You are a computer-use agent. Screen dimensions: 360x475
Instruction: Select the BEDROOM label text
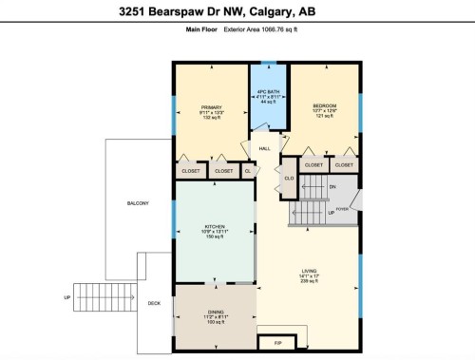[x=324, y=106]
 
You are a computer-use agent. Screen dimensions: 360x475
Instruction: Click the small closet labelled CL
[x=249, y=171]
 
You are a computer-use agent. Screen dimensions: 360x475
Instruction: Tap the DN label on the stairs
[x=332, y=187]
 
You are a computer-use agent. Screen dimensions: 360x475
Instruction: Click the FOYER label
[x=342, y=207]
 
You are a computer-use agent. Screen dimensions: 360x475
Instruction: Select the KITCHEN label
[x=215, y=226]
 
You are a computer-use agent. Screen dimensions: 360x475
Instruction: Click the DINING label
[x=216, y=311]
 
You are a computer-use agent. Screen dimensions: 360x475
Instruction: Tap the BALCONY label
[x=139, y=204]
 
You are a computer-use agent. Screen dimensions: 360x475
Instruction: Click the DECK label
[x=154, y=303]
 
